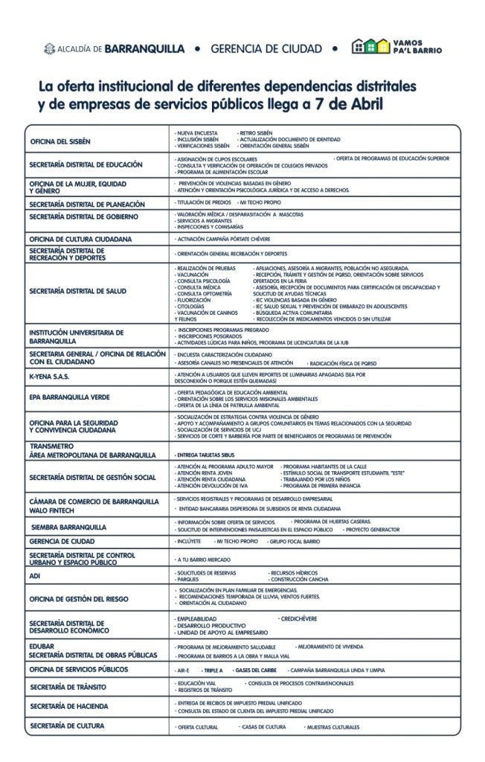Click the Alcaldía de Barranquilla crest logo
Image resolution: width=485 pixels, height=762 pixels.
pyautogui.click(x=50, y=48)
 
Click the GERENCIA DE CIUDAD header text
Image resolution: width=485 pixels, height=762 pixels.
pyautogui.click(x=266, y=49)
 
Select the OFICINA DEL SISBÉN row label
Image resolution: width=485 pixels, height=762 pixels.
pyautogui.click(x=60, y=141)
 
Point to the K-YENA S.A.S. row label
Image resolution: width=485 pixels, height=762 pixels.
pyautogui.click(x=49, y=377)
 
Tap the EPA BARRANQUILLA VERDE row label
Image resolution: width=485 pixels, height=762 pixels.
pyautogui.click(x=69, y=397)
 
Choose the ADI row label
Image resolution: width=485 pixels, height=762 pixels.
pyautogui.click(x=34, y=576)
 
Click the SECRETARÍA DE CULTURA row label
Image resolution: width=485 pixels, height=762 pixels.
pyautogui.click(x=68, y=726)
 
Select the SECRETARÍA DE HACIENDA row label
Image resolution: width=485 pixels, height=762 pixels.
pyautogui.click(x=69, y=705)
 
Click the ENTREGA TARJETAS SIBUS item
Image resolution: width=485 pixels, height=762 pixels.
pyautogui.click(x=205, y=454)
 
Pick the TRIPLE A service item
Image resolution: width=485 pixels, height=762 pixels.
pyautogui.click(x=213, y=670)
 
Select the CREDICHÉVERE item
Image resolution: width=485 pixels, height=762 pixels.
pyautogui.click(x=298, y=618)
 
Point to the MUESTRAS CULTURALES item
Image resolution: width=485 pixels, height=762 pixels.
pyautogui.click(x=333, y=727)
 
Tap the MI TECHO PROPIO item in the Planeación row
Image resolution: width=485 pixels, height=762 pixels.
pyautogui.click(x=260, y=202)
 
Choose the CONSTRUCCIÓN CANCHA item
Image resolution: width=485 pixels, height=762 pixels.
pyautogui.click(x=299, y=579)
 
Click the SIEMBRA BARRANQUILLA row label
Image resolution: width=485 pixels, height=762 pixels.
pyautogui.click(x=68, y=527)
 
